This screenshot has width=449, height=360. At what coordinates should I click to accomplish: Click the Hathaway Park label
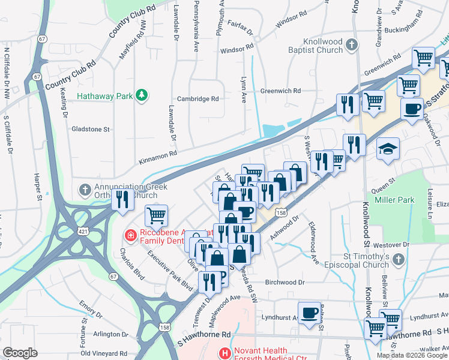pyautogui.click(x=104, y=95)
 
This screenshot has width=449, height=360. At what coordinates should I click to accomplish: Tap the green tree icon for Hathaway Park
pyautogui.click(x=142, y=95)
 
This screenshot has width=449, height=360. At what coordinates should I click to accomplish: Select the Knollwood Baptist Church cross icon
pyautogui.click(x=352, y=44)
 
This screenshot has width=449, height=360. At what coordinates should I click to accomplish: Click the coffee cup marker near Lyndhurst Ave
pyautogui.click(x=310, y=313)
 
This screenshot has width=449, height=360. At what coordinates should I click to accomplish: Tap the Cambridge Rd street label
pyautogui.click(x=197, y=99)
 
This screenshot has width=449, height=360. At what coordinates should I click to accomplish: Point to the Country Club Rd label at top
pyautogui.click(x=133, y=23)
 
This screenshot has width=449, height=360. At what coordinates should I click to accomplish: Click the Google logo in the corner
pyautogui.click(x=20, y=353)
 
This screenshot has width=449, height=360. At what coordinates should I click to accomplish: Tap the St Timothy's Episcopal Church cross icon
pyautogui.click(x=399, y=259)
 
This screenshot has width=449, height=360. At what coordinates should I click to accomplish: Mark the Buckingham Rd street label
pyautogui.click(x=408, y=28)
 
